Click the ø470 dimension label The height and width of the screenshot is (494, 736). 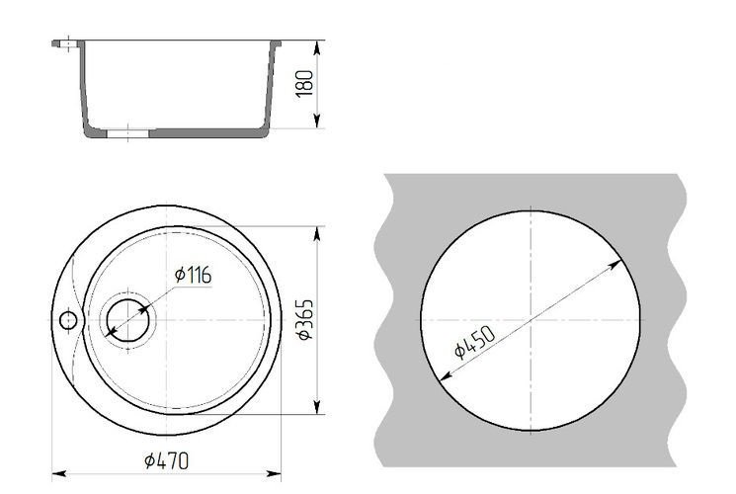click(x=167, y=460)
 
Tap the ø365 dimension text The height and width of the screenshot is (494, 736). click(x=304, y=319)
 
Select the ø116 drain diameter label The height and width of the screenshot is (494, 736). click(x=193, y=275)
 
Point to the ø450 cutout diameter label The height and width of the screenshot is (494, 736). click(x=475, y=342)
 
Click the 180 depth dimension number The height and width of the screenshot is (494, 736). click(x=304, y=84)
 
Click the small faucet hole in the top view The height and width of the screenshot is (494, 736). click(x=68, y=320)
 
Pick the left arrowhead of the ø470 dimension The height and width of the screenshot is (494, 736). click(x=58, y=474)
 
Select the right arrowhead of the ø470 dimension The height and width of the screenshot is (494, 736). click(x=274, y=474)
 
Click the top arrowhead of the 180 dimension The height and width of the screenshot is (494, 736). click(x=318, y=47)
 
